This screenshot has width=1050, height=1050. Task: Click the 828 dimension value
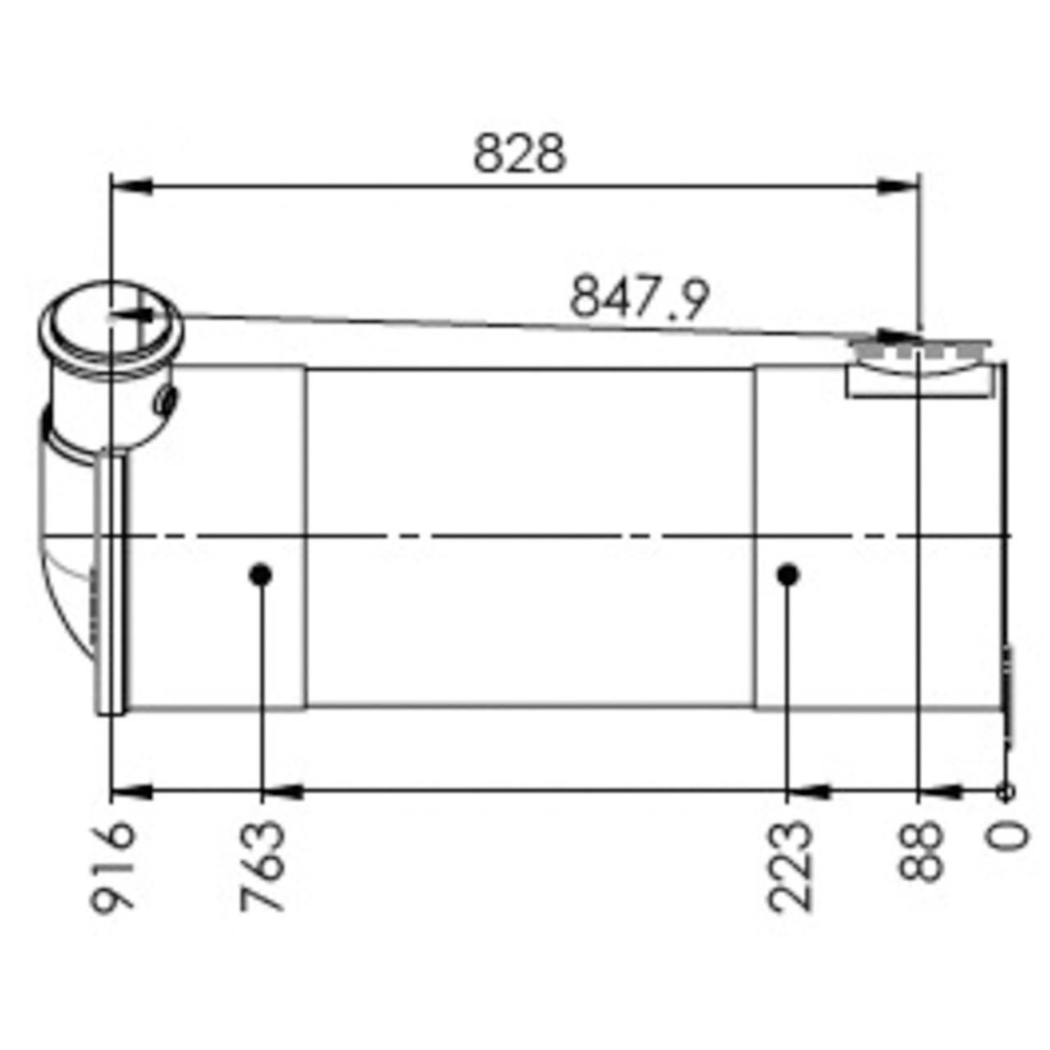coord(519,153)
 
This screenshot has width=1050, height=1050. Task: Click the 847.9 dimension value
coord(639,297)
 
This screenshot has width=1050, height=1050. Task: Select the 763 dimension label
coord(262,866)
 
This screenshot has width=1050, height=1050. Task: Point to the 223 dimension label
coord(789,866)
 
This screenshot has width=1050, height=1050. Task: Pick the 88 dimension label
coord(920,851)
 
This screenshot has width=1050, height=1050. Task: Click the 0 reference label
coord(1008,838)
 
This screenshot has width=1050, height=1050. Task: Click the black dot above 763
coord(261,575)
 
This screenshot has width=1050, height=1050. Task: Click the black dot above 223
coord(788,575)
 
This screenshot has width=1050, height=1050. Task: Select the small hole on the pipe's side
coord(167,400)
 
